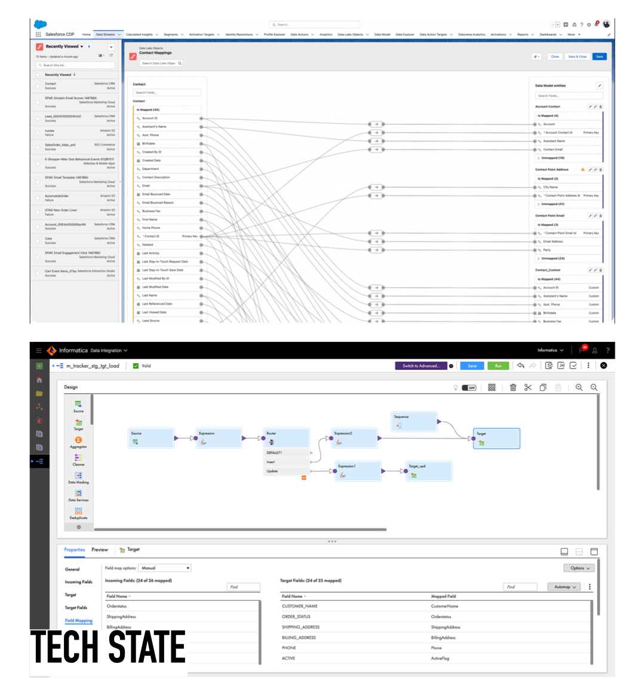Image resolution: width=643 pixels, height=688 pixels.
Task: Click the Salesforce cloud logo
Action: [40, 24]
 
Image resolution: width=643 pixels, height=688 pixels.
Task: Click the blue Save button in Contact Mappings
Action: [599, 57]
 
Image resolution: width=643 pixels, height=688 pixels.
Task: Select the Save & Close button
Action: [577, 57]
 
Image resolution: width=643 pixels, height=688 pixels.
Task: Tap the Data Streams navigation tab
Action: [106, 35]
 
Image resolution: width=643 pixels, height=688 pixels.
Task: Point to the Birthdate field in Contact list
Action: [149, 144]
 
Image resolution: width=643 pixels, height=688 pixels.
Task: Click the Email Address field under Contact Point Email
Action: [553, 242]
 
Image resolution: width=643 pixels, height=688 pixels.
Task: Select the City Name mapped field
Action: [550, 187]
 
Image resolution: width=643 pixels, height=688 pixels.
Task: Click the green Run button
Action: [499, 366]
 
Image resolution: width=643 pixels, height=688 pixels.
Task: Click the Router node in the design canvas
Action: [287, 439]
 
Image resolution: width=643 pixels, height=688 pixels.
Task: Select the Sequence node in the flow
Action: [415, 421]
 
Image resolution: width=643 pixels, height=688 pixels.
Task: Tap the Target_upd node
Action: [428, 471]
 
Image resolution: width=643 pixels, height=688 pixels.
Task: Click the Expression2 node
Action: [355, 439]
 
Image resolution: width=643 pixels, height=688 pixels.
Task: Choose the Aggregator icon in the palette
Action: [78, 442]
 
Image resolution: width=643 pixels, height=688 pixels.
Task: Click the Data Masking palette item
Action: [78, 477]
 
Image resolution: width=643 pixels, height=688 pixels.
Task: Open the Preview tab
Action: [100, 550]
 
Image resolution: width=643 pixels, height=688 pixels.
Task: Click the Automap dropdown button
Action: [564, 587]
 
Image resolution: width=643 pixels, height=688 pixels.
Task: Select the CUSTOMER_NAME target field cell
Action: [300, 606]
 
